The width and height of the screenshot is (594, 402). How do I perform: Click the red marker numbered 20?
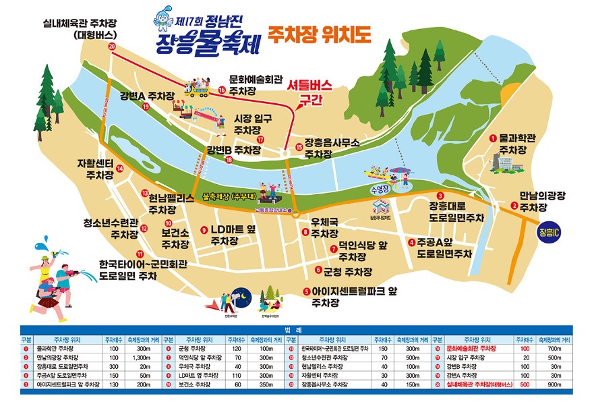[112, 46]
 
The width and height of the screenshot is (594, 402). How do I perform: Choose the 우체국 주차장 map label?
[323, 227]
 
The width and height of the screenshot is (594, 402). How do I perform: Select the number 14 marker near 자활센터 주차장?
[120, 169]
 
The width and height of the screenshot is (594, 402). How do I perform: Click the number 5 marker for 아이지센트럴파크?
[306, 292]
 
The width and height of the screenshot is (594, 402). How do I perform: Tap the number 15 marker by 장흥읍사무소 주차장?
[299, 147]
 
